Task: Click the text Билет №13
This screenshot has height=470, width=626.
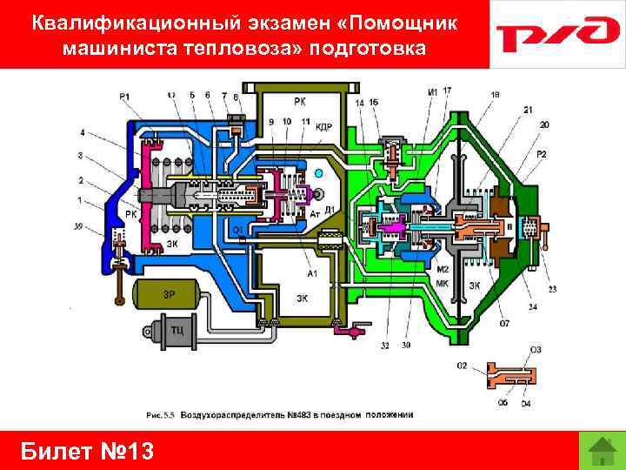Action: [x=86, y=451]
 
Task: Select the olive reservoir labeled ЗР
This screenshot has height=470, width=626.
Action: [x=170, y=294]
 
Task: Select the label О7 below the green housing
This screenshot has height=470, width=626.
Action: [x=505, y=323]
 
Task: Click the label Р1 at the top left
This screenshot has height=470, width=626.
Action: [x=125, y=96]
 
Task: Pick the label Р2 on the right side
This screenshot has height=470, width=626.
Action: [x=542, y=154]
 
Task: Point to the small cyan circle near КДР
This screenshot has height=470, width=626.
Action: [x=319, y=173]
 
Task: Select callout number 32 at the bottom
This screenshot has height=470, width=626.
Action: [x=383, y=346]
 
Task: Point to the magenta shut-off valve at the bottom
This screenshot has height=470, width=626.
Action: [x=353, y=332]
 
